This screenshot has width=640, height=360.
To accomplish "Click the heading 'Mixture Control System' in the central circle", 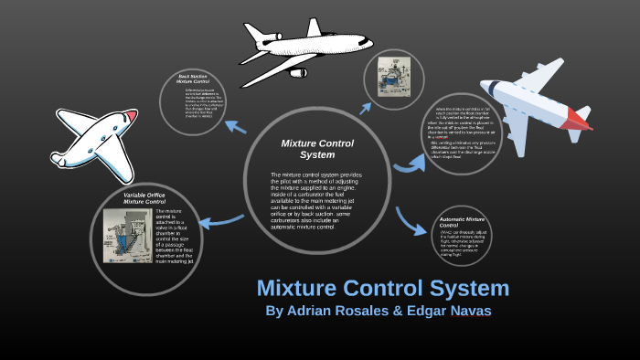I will click(317, 149).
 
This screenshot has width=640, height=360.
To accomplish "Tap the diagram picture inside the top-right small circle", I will click(396, 78).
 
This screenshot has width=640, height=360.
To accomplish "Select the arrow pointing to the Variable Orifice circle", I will click(219, 219).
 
